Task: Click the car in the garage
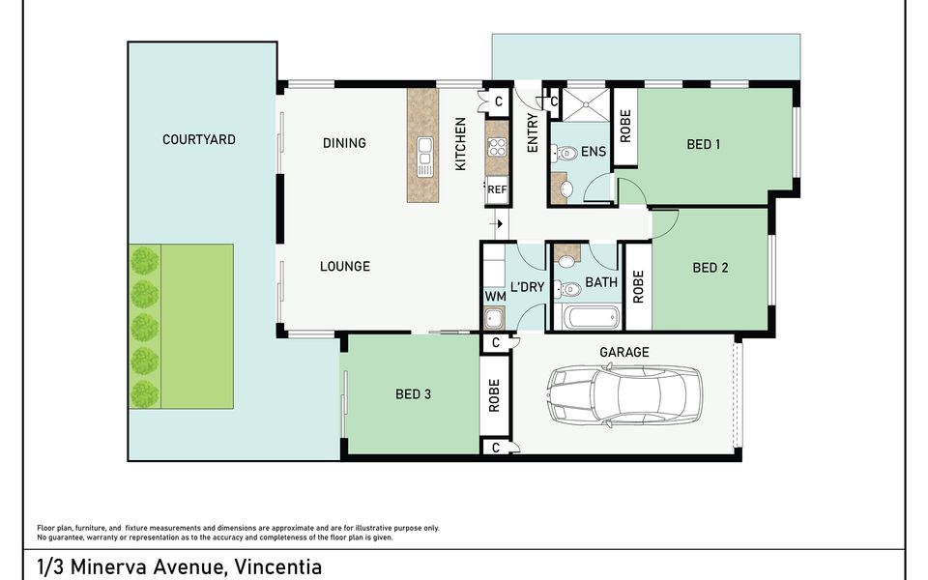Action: [624, 394]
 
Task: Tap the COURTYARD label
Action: [199, 139]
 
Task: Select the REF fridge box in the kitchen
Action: [497, 190]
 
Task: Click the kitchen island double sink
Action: [424, 157]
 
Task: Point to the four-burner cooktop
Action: [497, 147]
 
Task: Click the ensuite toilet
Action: [564, 154]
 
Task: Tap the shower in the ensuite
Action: [586, 104]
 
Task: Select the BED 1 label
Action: [703, 144]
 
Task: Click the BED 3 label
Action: [413, 394]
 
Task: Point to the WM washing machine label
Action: [495, 296]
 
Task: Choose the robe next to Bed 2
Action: [639, 287]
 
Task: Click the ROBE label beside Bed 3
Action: [494, 395]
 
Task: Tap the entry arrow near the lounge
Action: [497, 223]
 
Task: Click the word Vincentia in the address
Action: [278, 566]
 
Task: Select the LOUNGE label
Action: [345, 267]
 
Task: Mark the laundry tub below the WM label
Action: [495, 318]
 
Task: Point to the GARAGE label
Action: [624, 352]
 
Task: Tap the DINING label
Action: [344, 143]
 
